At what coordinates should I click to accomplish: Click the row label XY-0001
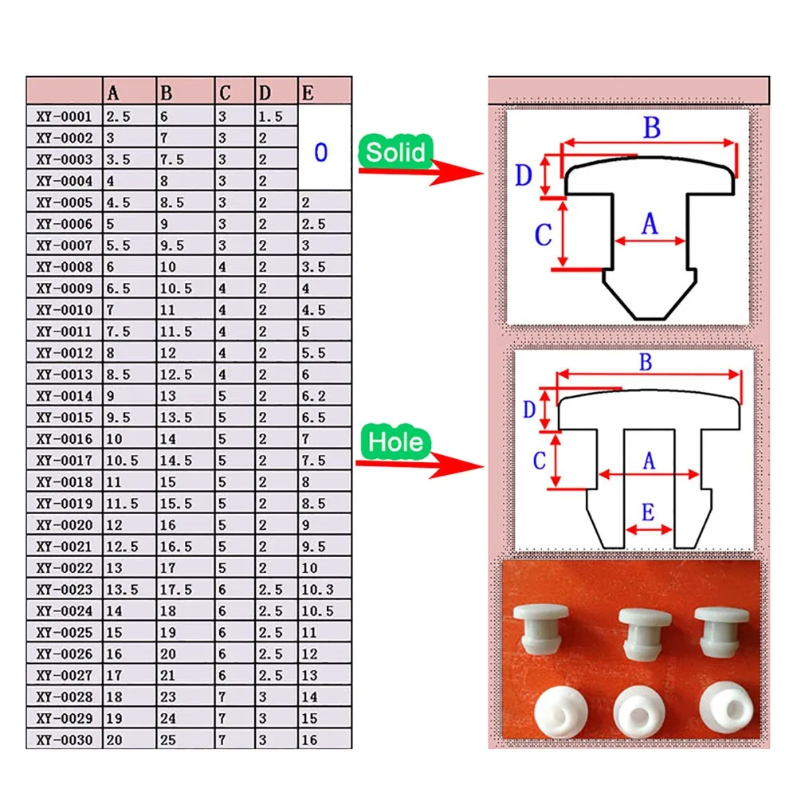[x=65, y=116]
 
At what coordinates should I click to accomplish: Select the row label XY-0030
[x=65, y=740]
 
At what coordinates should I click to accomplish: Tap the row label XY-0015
[x=65, y=418]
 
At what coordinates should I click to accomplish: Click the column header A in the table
[x=113, y=92]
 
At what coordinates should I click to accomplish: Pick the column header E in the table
[x=308, y=92]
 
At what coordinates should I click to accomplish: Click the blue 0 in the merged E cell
[x=320, y=152]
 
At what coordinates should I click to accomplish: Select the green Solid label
[x=396, y=151]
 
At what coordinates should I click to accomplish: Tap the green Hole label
[x=396, y=442]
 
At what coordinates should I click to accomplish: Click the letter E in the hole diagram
[x=647, y=512]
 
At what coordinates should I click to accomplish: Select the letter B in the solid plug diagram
[x=651, y=127]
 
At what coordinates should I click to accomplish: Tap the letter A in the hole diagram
[x=648, y=460]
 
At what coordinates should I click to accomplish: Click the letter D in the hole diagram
[x=528, y=410]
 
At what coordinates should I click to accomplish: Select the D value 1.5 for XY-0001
[x=269, y=116]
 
